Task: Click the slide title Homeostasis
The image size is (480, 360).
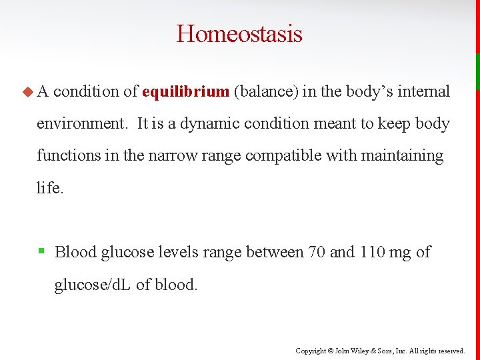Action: click(x=239, y=33)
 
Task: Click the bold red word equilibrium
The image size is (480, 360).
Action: click(x=185, y=91)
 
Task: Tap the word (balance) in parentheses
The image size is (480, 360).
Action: click(x=265, y=91)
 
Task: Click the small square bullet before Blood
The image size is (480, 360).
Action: click(x=41, y=251)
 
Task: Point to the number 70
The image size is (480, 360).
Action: click(x=316, y=252)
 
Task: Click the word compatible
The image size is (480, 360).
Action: click(x=275, y=155)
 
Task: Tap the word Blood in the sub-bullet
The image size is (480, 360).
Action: click(x=75, y=252)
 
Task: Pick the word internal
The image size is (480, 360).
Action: click(x=424, y=91)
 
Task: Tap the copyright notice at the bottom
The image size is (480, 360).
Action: click(x=380, y=351)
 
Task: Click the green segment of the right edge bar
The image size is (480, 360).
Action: click(x=477, y=71)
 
